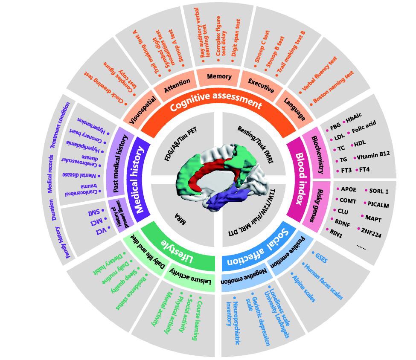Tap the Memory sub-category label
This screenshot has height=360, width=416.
click(x=219, y=77)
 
